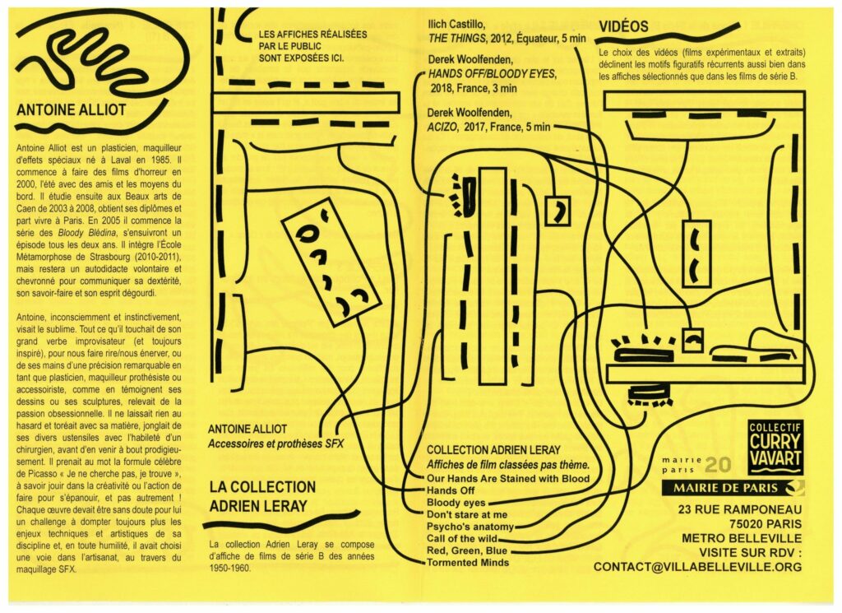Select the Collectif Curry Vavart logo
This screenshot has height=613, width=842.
775,449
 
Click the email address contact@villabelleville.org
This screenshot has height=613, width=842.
697,567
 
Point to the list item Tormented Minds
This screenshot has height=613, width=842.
467,563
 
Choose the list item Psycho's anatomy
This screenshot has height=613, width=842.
470,526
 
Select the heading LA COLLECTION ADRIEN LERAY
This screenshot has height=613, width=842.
262,495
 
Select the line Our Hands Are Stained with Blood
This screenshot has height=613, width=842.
508,477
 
